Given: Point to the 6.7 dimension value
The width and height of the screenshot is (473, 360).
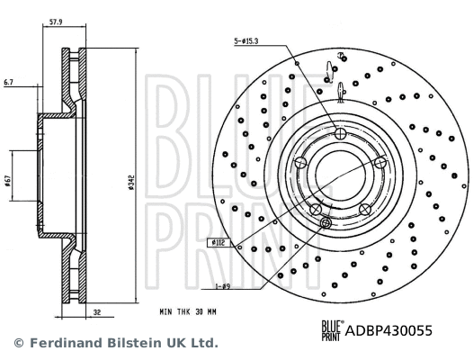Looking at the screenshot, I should [9, 82].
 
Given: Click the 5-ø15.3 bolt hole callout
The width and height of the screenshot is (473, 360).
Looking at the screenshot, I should [251, 41].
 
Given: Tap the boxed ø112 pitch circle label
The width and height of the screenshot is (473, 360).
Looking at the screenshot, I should [219, 242].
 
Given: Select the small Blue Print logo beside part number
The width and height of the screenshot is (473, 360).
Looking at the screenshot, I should [331, 331].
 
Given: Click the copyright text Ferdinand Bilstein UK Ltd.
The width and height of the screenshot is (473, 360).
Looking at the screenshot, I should [122, 343].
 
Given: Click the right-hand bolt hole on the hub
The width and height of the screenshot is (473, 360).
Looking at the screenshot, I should [380, 162].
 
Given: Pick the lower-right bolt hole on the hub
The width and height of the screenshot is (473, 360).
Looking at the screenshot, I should [365, 209].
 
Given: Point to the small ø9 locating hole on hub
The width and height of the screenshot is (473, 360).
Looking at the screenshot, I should [326, 222].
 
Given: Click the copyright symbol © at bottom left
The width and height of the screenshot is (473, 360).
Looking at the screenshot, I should [17, 343].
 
